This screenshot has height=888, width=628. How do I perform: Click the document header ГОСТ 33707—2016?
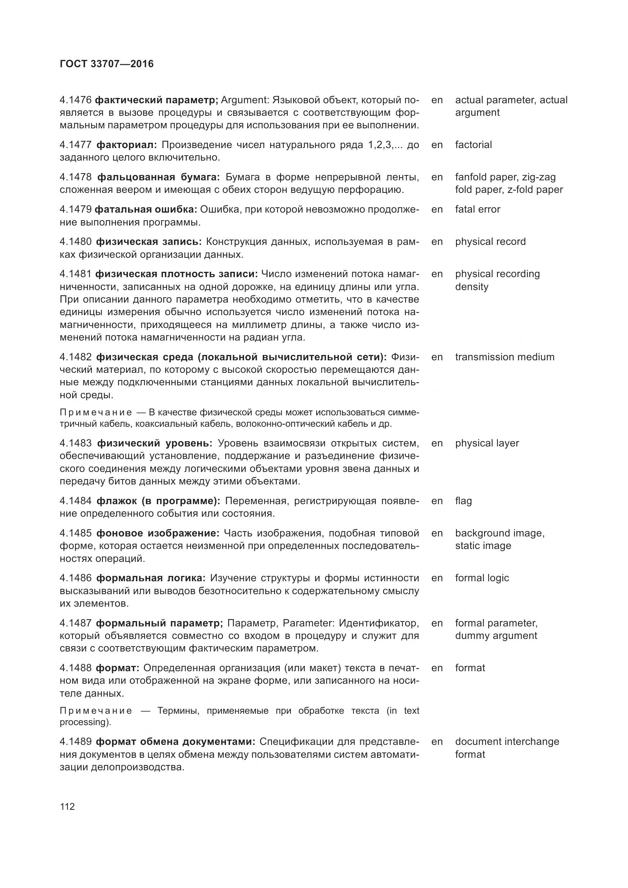tap(107, 64)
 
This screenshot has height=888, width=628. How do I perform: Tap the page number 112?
tap(67, 806)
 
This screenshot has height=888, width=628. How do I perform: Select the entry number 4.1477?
tap(76, 145)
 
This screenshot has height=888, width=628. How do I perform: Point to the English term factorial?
tap(473, 145)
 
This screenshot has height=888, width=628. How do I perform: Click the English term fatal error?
tap(478, 210)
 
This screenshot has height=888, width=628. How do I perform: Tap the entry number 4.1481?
tap(76, 274)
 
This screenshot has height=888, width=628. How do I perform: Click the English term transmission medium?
tap(504, 357)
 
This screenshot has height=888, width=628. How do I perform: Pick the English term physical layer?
tap(487, 443)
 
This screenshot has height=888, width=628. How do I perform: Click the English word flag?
tap(463, 501)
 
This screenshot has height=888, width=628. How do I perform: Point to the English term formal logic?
tap(482, 578)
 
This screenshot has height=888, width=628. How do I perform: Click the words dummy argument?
tap(496, 636)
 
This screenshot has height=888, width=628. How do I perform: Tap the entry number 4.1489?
tap(76, 742)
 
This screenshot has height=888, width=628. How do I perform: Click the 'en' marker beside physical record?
tap(437, 242)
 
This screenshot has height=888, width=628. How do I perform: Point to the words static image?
tap(483, 546)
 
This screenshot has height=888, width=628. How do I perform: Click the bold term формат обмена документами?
tap(175, 742)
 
